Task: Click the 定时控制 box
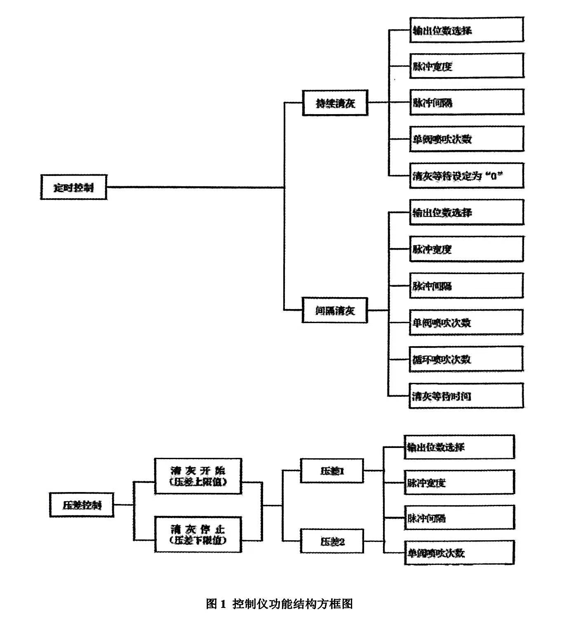(74, 188)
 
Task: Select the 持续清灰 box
(335, 103)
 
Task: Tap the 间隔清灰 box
(335, 310)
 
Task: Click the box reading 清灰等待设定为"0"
(466, 176)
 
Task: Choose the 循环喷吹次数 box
(466, 359)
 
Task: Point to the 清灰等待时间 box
(466, 396)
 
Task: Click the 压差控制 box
(82, 505)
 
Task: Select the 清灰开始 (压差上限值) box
(198, 476)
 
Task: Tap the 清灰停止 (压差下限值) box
(198, 535)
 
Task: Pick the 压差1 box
(332, 471)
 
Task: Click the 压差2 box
(332, 541)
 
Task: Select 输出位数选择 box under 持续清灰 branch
(466, 30)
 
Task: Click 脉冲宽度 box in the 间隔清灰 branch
(466, 249)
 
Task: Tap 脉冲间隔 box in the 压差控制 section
(459, 518)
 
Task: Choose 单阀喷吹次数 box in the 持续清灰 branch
(466, 139)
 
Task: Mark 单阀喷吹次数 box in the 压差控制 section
(459, 553)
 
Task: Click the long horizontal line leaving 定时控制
(194, 188)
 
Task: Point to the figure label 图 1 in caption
(216, 604)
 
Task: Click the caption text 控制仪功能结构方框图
(292, 604)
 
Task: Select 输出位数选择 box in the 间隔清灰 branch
(466, 213)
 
